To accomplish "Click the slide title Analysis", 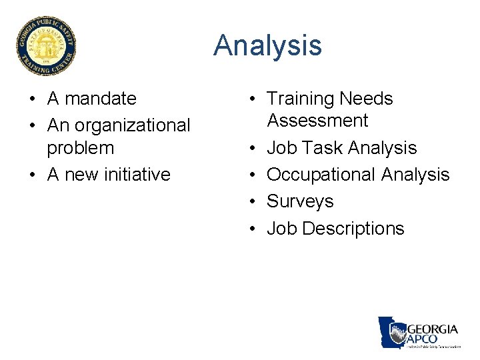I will (x=267, y=46).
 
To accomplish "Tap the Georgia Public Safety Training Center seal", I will (x=47, y=46).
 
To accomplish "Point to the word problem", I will (x=80, y=147).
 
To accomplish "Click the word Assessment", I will (x=317, y=121).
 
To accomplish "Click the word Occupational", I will (x=321, y=175).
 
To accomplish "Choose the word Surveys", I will (x=300, y=201).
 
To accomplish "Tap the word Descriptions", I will (x=353, y=229).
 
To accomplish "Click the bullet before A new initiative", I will (x=32, y=175).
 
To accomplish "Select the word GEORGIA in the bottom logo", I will (x=432, y=329).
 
